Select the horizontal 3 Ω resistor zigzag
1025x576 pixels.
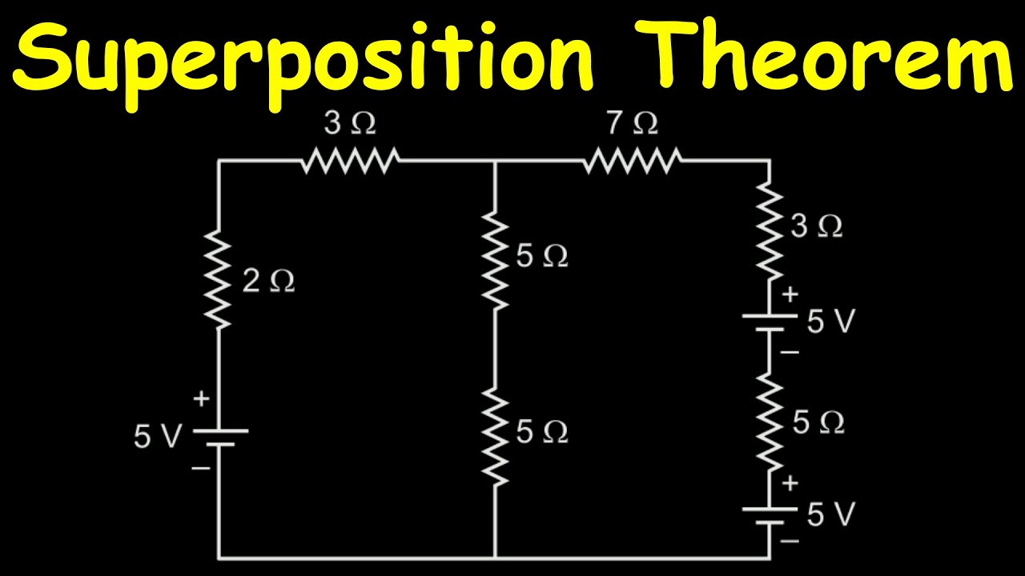(x=350, y=161)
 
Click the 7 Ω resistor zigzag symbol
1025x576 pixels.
(x=632, y=161)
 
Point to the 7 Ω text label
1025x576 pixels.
(x=633, y=123)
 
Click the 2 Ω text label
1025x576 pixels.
(x=268, y=281)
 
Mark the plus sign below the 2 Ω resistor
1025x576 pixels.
(x=201, y=398)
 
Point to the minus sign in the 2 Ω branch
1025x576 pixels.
(x=201, y=467)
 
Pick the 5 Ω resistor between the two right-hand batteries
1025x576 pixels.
(x=770, y=422)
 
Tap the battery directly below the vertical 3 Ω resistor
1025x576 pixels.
(x=770, y=321)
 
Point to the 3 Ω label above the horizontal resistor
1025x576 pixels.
(x=350, y=123)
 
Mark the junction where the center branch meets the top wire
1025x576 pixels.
(x=495, y=161)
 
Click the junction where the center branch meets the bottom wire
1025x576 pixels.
(x=495, y=558)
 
